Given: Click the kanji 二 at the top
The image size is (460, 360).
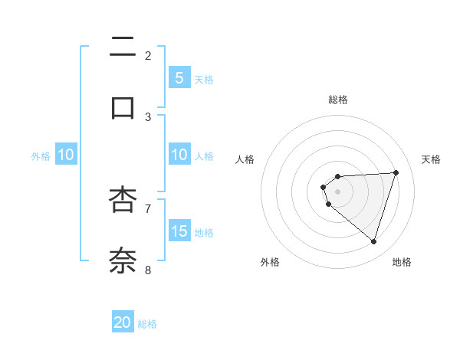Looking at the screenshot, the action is [x=123, y=47].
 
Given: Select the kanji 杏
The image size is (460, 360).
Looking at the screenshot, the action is [x=123, y=200].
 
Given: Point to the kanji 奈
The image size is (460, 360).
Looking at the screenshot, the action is [x=123, y=260].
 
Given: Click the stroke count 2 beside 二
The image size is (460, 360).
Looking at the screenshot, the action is [x=148, y=55].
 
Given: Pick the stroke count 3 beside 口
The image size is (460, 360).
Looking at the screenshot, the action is [x=148, y=116].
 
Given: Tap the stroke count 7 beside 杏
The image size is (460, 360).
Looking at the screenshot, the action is [x=148, y=208].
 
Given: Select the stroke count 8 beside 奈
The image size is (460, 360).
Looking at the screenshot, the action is [x=148, y=270].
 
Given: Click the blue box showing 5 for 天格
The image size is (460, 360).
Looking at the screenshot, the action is [x=179, y=77].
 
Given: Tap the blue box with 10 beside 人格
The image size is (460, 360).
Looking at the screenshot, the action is [x=179, y=155].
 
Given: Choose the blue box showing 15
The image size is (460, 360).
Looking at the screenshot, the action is [x=179, y=231].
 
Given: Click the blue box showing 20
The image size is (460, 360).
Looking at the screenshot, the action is [x=123, y=322].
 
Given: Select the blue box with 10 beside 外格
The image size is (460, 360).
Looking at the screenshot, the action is [x=66, y=155].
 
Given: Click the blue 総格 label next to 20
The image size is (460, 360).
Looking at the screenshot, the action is [x=147, y=324].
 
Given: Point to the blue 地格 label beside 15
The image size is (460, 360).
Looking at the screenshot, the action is [x=204, y=232].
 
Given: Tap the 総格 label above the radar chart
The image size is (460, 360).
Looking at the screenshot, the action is [x=337, y=100].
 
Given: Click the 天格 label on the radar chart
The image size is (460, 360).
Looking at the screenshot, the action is [x=431, y=159].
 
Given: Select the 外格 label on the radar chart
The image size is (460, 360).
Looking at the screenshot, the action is [x=269, y=262].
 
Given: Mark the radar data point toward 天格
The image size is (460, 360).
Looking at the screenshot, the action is [x=396, y=172].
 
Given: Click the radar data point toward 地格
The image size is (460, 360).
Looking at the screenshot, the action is [x=373, y=241].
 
